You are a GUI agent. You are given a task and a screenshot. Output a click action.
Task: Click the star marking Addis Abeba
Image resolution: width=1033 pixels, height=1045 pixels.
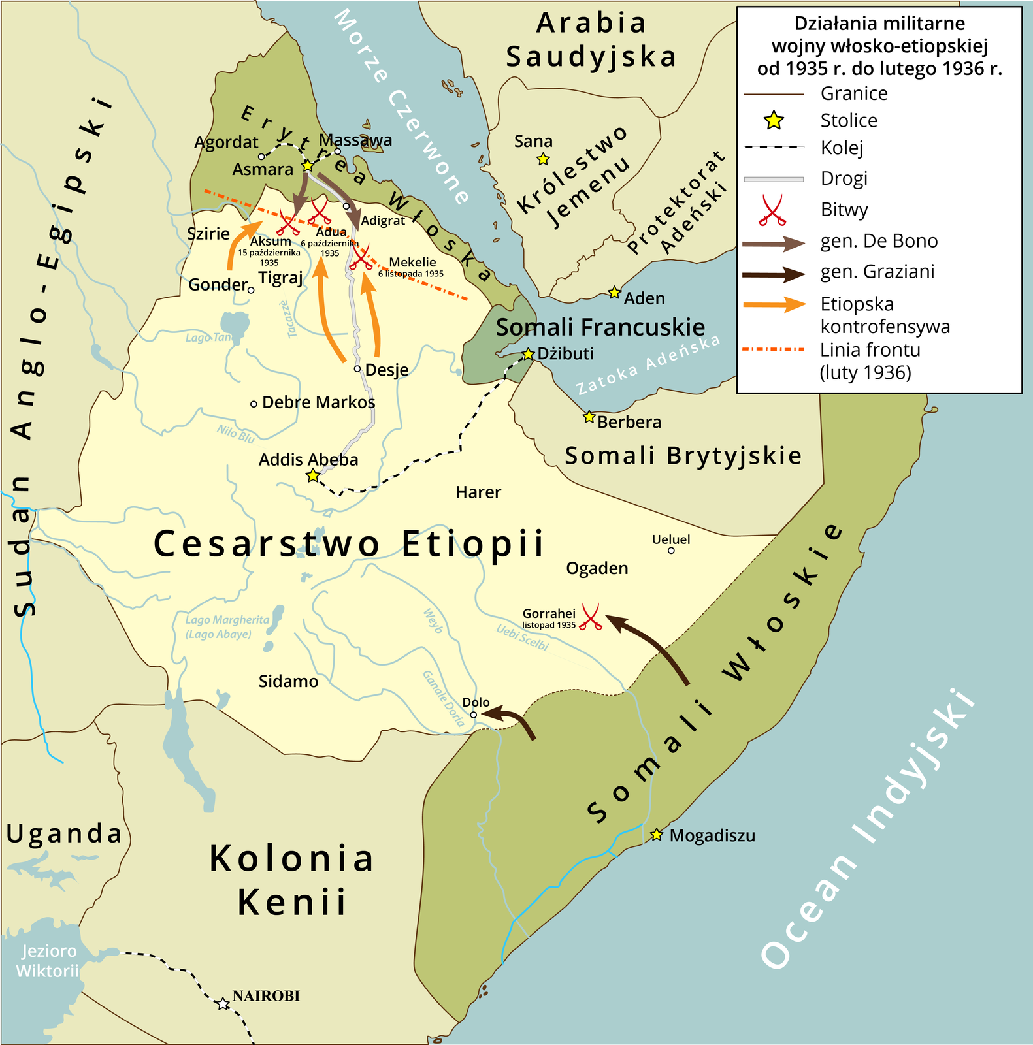[x=313, y=475]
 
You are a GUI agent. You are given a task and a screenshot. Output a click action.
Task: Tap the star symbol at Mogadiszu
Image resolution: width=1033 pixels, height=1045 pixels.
[x=657, y=835]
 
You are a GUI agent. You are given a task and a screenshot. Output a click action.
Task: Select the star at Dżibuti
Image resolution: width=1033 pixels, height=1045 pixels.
[x=529, y=354]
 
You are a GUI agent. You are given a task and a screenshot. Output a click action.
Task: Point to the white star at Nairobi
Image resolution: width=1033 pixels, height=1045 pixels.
[x=223, y=1003]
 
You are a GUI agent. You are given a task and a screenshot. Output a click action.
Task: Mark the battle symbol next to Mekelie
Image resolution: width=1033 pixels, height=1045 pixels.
[x=360, y=257]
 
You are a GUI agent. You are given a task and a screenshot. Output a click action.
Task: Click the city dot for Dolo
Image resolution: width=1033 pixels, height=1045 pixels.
[x=474, y=715]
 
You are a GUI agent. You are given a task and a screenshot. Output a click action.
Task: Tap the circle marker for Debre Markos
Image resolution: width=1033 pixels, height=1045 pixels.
[x=254, y=404]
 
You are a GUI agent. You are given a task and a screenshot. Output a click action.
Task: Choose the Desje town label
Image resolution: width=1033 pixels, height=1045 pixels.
[x=387, y=370]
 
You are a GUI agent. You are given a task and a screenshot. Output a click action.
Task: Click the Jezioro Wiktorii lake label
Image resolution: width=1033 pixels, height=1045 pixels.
[x=48, y=961]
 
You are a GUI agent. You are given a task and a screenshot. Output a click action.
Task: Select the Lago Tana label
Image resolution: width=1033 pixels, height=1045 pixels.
[x=208, y=338]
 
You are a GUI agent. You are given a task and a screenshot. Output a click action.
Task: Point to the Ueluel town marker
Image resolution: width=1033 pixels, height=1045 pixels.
[x=671, y=551]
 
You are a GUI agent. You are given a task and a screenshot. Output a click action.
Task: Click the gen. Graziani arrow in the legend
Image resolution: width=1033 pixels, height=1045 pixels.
[x=774, y=274]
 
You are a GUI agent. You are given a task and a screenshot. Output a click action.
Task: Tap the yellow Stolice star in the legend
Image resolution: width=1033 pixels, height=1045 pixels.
[x=774, y=120]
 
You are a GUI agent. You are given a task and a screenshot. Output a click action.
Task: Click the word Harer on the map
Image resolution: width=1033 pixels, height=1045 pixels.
[x=478, y=492]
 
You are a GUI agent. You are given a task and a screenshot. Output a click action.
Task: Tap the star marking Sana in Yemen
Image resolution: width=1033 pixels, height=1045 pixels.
[x=543, y=159]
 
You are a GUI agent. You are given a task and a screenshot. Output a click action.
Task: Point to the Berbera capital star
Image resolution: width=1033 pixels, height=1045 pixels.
[x=589, y=417]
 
